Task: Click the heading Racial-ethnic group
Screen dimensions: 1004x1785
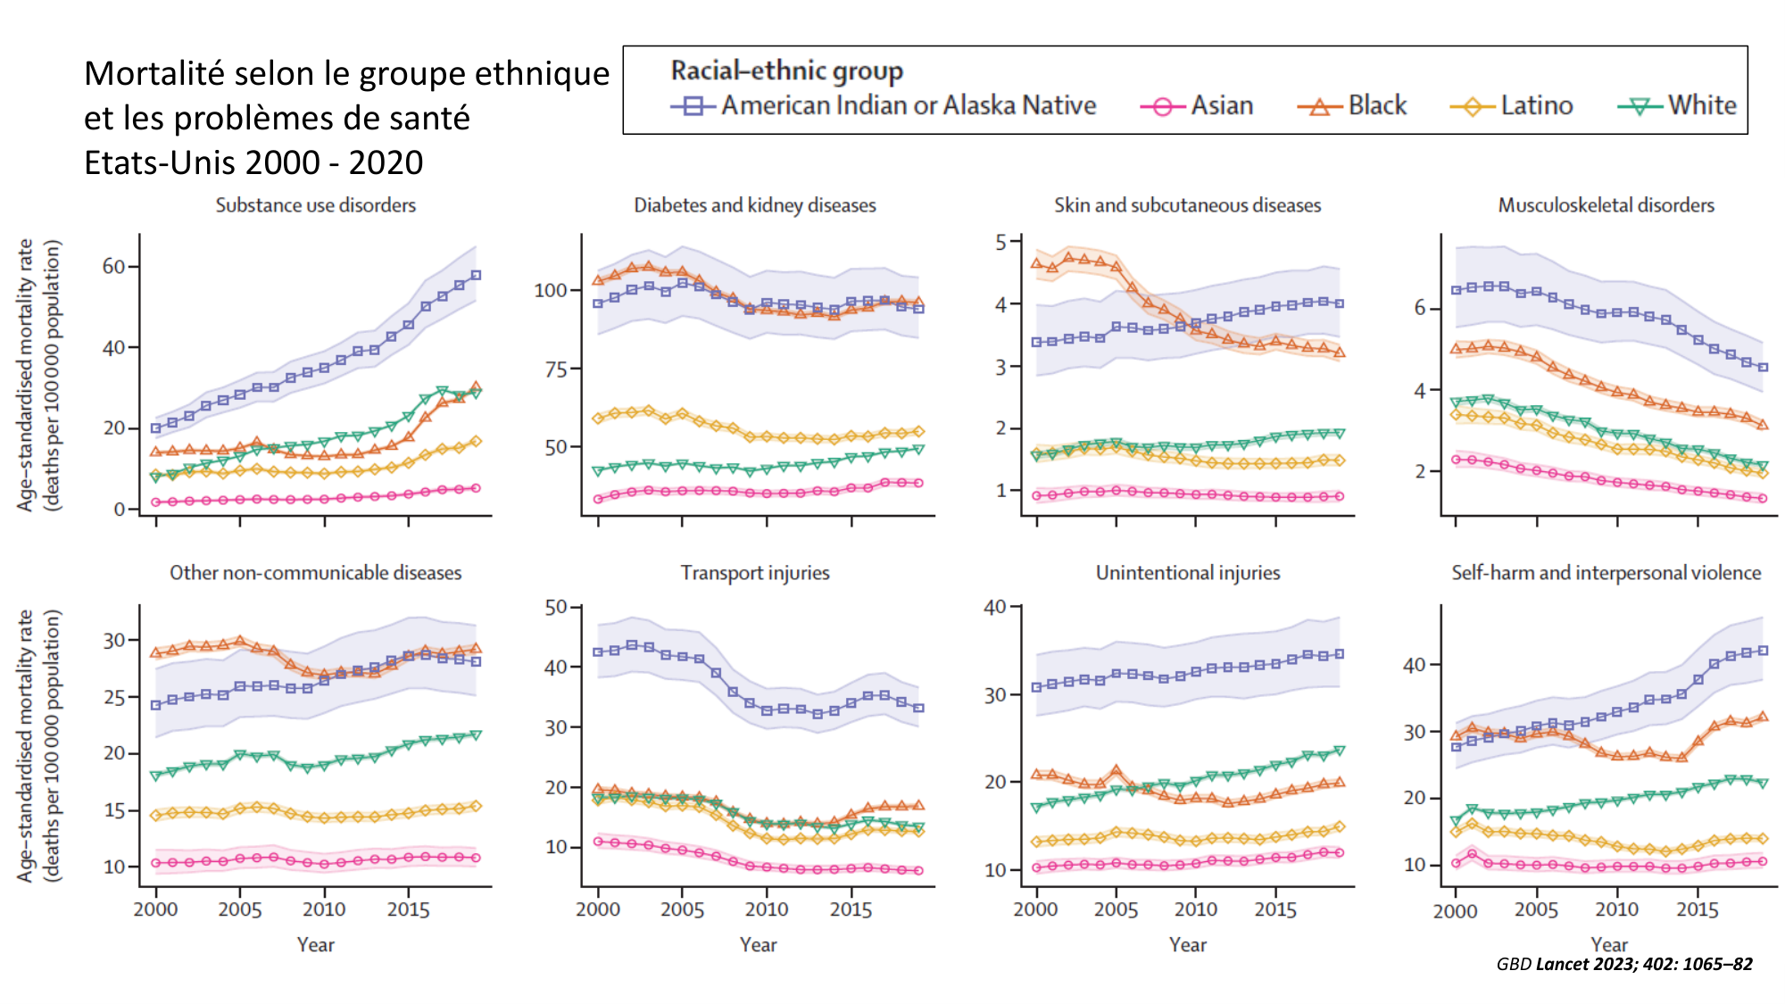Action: click(786, 71)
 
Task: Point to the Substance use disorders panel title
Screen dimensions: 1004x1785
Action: click(315, 205)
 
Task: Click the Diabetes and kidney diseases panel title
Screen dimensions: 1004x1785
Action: click(754, 205)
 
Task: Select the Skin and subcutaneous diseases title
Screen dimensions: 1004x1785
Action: click(1187, 205)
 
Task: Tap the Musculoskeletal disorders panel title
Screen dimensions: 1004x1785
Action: click(1606, 205)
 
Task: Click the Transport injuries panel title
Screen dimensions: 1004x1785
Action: click(754, 573)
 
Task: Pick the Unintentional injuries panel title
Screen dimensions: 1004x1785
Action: click(1187, 573)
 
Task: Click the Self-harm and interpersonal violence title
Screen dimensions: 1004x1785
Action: click(1606, 573)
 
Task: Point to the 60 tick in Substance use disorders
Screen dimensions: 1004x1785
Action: click(113, 267)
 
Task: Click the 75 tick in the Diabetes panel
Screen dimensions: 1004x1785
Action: click(551, 369)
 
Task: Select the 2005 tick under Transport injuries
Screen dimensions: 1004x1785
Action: click(682, 909)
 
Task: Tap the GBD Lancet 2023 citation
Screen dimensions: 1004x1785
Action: click(1623, 964)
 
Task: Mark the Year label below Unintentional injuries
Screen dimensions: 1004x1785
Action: click(1187, 945)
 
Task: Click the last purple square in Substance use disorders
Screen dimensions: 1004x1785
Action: click(476, 275)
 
